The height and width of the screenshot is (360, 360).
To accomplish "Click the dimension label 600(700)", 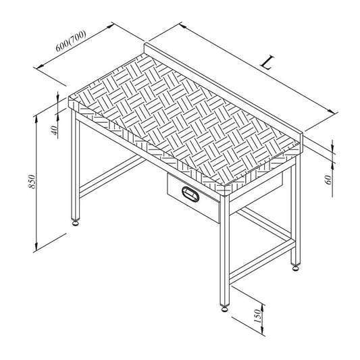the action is coord(71,41).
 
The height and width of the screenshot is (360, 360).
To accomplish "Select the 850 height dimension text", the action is coord(32,182).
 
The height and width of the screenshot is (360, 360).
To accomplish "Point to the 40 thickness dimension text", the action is coord(55,130).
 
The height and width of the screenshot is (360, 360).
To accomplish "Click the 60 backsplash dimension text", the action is coord(329,180).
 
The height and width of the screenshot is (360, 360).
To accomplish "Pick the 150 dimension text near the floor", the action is coord(257,316).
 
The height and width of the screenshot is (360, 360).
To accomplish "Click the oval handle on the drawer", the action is coord(190,194).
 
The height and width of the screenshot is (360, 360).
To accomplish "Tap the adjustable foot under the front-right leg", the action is coord(225,309).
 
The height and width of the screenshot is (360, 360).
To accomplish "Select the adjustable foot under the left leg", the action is coord(75,222).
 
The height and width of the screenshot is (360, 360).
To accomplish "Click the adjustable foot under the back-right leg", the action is coord(296,267).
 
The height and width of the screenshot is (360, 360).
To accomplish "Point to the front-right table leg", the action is coord(225,251).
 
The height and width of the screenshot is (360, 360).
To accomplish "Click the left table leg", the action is coord(75,165).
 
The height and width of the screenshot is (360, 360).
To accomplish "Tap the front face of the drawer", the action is coord(193,198).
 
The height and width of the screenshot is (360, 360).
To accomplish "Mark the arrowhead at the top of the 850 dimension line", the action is coord(36,120).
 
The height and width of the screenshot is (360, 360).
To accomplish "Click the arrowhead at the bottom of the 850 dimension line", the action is coord(36,247).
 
